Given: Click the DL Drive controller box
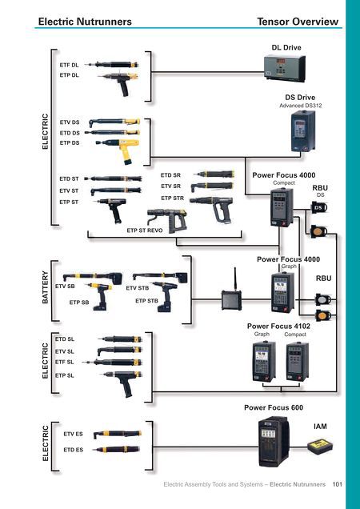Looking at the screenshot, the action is click(x=284, y=68).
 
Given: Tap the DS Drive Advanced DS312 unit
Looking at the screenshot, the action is click(x=302, y=131).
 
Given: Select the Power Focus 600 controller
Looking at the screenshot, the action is click(x=274, y=442).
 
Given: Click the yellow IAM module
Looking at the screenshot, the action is click(x=320, y=447).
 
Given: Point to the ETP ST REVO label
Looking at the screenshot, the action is click(x=145, y=230).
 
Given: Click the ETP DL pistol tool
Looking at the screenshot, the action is click(x=118, y=83).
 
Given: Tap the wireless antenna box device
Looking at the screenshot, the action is click(x=231, y=294).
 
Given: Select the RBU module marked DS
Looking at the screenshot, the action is click(x=319, y=207).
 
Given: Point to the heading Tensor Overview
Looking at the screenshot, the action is click(x=298, y=22).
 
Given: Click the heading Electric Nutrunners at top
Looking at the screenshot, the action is click(x=85, y=22).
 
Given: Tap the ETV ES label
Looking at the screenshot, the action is click(x=73, y=434).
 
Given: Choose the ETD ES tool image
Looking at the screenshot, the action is click(x=116, y=450).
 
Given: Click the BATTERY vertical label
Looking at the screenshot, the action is click(x=45, y=287).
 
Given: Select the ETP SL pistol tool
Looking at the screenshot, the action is click(x=122, y=383).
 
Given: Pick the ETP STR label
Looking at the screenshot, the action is click(x=172, y=198).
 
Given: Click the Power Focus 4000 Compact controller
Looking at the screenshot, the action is click(x=282, y=206).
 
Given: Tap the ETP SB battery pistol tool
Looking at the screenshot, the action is click(x=99, y=296).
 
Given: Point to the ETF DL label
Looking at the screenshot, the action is click(x=69, y=66).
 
